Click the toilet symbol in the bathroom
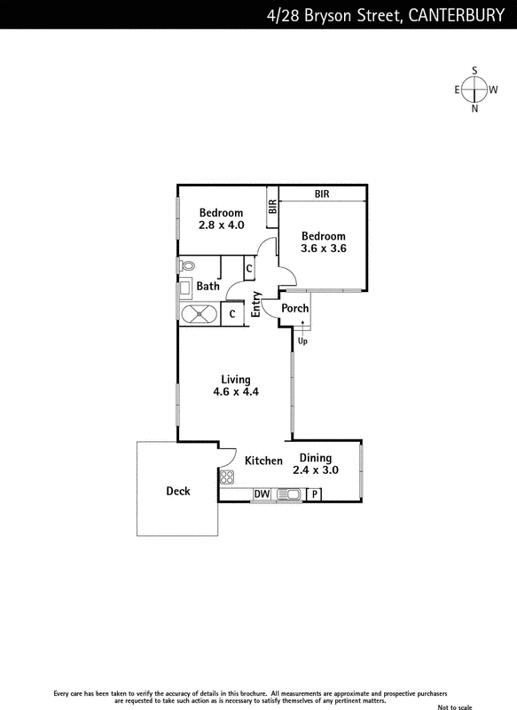click(x=186, y=265)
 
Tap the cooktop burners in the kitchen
click(x=227, y=477)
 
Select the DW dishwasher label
click(x=262, y=494)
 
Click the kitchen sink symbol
click(x=288, y=494)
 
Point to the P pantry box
click(x=314, y=494)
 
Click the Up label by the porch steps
click(x=302, y=341)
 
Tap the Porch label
click(x=295, y=308)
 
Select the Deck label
click(x=177, y=492)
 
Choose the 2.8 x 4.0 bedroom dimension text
click(x=221, y=225)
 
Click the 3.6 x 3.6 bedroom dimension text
click(x=324, y=248)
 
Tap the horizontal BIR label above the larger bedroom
click(x=322, y=193)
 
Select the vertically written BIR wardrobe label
click(x=272, y=207)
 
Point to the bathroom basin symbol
click(x=185, y=288)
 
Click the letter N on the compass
click(x=474, y=108)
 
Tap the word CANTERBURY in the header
click(x=456, y=15)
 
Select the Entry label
click(x=256, y=304)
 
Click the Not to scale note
click(x=455, y=706)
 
